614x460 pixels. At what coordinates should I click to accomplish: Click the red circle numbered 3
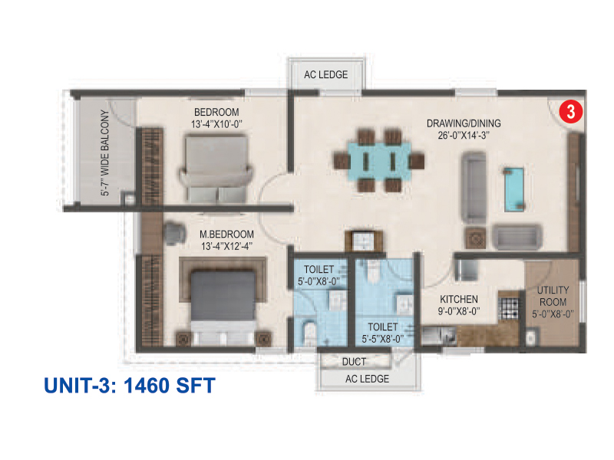tap(570, 111)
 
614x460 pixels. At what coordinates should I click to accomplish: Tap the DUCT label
tap(354, 362)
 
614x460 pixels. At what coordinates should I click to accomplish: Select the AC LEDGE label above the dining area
tap(325, 74)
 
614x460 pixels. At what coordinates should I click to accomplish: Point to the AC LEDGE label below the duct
tap(367, 379)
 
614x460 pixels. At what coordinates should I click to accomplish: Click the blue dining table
tap(378, 161)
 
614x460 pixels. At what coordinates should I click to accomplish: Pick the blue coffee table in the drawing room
tap(514, 189)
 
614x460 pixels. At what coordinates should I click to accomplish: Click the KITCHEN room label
tap(458, 300)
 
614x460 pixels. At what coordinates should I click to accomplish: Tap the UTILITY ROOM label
tap(553, 296)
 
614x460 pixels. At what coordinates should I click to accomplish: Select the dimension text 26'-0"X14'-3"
tap(464, 136)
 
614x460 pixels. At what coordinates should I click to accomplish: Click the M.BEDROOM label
tap(226, 235)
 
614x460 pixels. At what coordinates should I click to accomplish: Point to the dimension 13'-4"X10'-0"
tap(216, 124)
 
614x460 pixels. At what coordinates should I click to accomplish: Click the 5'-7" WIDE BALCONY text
tap(105, 153)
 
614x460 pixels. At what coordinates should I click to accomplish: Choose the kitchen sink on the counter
tap(438, 336)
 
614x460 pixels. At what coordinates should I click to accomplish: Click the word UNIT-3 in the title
tap(80, 386)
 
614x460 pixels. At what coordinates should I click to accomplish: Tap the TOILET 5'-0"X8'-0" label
tap(319, 275)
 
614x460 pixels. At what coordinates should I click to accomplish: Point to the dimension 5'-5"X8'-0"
tap(382, 339)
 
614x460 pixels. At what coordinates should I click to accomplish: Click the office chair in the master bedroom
tap(174, 234)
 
